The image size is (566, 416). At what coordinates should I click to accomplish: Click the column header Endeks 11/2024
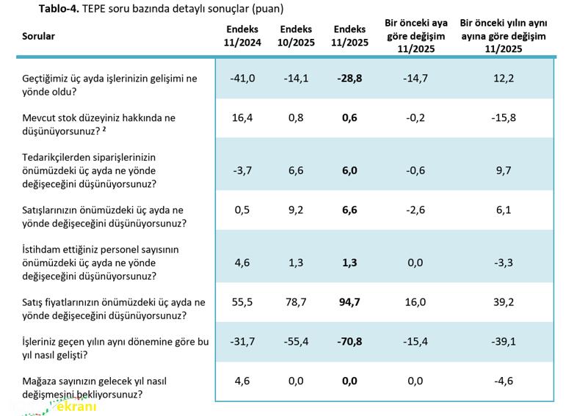click(x=242, y=36)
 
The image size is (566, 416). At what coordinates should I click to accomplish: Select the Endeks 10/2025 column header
click(x=296, y=36)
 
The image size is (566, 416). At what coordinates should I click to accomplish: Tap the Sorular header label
click(x=38, y=36)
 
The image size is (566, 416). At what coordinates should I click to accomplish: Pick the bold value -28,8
click(x=349, y=79)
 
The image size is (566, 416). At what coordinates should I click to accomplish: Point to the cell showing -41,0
click(x=242, y=79)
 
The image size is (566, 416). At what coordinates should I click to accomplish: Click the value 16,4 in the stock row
click(x=242, y=117)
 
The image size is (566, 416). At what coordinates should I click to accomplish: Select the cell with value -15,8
click(x=503, y=117)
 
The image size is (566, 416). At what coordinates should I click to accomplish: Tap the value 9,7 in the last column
click(x=503, y=170)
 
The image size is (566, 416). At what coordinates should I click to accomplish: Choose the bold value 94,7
click(x=349, y=302)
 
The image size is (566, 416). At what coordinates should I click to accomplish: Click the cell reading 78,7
click(x=296, y=302)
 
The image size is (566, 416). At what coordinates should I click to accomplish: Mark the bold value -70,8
click(x=349, y=341)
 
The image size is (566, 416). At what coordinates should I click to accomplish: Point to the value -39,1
click(x=503, y=341)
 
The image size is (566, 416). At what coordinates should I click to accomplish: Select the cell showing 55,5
click(x=242, y=302)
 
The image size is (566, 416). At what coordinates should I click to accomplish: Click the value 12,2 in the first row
click(x=503, y=79)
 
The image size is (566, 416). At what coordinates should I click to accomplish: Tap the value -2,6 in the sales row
click(x=415, y=210)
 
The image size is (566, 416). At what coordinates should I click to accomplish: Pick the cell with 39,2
click(x=503, y=302)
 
